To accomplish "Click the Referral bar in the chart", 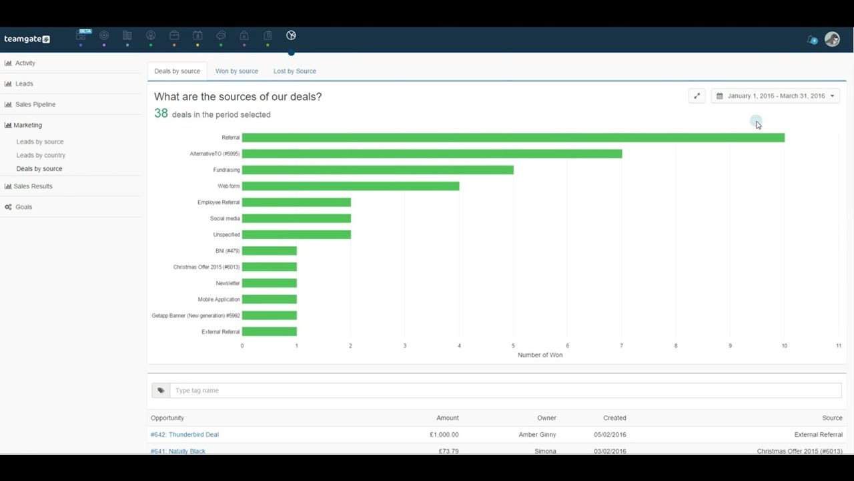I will coord(512,138).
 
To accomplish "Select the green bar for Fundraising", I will coord(378,170).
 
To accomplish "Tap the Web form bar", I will coord(350,186).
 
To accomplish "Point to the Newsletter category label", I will coord(228,283).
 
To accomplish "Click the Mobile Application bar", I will coord(270,299).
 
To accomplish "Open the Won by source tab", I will coord(236,71).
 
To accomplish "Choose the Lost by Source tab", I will coord(294,71).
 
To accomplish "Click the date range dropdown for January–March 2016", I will coord(775,96).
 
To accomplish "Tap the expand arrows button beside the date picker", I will coord(697,96).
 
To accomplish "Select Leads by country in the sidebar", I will coord(41,155).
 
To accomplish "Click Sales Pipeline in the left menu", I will coord(35,104).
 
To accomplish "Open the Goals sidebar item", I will coord(23,207).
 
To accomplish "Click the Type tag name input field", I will coord(505,391).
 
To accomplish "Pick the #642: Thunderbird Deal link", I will coord(185,435).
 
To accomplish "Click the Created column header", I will coord(614,418).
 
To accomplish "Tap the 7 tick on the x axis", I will coord(621,346).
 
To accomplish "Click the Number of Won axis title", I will coord(540,355).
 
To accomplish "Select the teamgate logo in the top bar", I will coord(27,39).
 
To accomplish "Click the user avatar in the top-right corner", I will coord(831,39).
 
